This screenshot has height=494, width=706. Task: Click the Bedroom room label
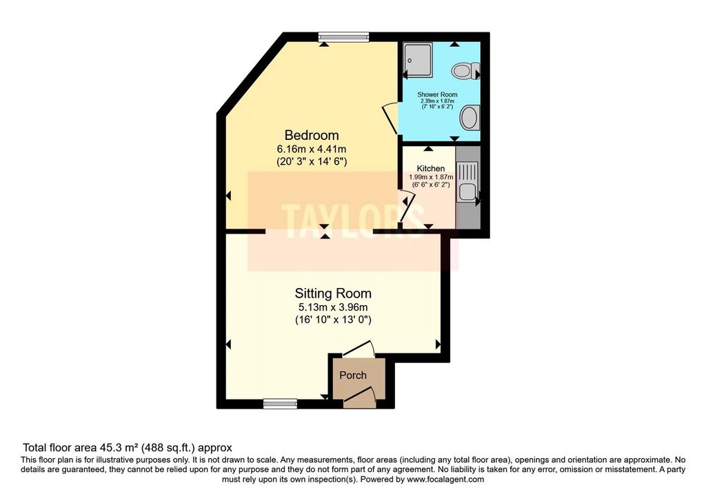click(x=312, y=135)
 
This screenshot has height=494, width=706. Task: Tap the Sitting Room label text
click(x=333, y=294)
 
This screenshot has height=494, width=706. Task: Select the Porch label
click(x=353, y=375)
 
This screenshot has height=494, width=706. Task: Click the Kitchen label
click(x=431, y=168)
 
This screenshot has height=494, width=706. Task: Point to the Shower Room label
click(x=437, y=94)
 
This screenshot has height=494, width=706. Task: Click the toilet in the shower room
click(x=466, y=71)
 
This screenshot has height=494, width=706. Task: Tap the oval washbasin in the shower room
click(x=469, y=118)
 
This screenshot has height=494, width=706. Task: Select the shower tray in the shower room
click(x=417, y=60)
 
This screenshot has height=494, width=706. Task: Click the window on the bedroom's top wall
click(x=343, y=37)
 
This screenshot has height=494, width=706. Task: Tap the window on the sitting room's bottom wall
click(x=280, y=404)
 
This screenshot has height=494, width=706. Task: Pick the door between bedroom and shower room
click(x=390, y=119)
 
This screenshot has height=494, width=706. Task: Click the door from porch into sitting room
click(x=358, y=349)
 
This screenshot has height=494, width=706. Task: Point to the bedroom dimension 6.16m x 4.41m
click(x=312, y=149)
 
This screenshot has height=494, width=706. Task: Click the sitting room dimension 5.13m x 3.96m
click(x=333, y=307)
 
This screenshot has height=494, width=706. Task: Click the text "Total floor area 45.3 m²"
click(x=81, y=448)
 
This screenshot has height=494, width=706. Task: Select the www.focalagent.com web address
click(x=445, y=480)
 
